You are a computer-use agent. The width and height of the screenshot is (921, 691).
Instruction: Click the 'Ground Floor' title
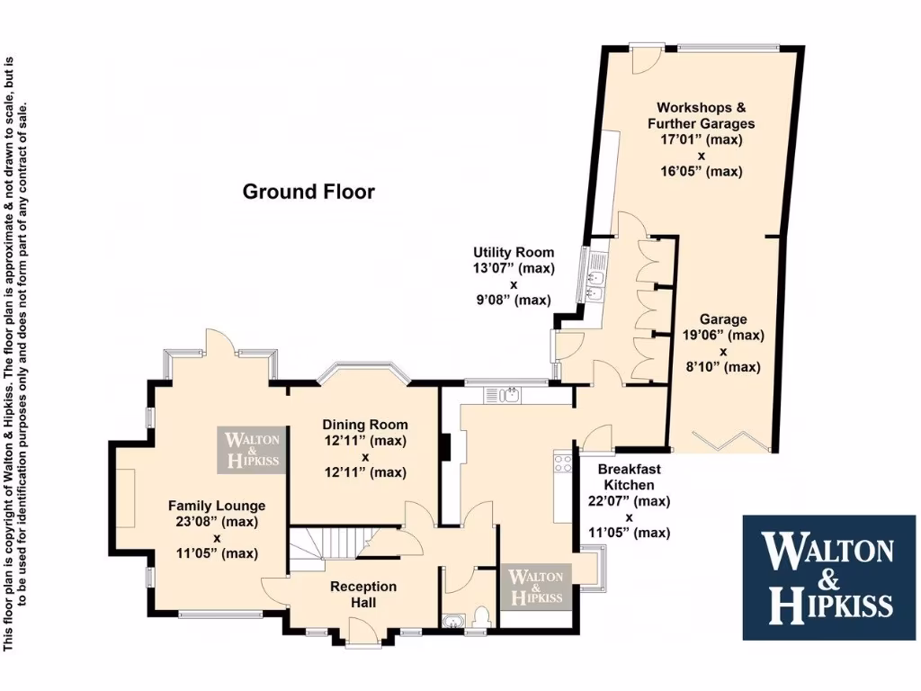(x=308, y=192)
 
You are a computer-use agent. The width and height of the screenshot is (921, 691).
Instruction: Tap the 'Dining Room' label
(x=365, y=425)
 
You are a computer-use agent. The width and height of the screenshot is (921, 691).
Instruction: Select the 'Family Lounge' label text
(x=217, y=506)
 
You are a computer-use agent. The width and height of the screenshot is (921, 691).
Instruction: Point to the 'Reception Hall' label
(x=363, y=594)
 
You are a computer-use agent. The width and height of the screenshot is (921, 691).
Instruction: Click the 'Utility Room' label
(x=514, y=253)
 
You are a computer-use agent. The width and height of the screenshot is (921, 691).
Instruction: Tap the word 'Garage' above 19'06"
(x=723, y=319)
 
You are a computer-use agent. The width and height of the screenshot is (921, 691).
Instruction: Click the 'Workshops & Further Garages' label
(x=701, y=115)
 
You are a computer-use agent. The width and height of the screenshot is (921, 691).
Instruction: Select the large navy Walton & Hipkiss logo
(x=828, y=577)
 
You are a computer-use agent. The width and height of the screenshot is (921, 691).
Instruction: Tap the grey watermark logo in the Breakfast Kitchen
(x=537, y=586)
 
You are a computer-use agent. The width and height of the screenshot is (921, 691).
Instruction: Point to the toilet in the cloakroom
(x=482, y=616)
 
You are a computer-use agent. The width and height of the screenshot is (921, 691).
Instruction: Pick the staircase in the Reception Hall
(x=328, y=545)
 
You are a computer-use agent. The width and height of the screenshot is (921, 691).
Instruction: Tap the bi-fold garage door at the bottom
(x=735, y=443)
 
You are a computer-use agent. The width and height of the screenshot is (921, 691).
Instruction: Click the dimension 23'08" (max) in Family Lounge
(x=216, y=521)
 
